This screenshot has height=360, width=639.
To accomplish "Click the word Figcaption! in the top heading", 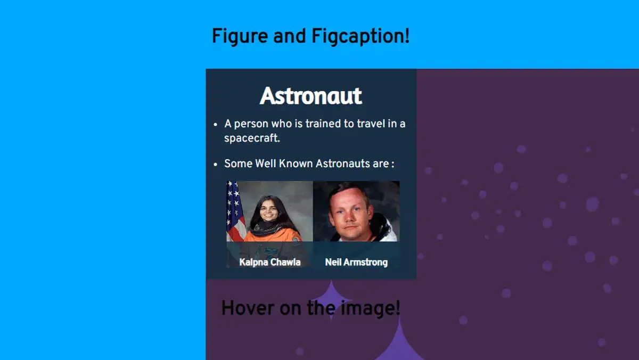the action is tap(361, 37).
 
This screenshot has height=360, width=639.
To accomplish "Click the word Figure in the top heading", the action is tap(240, 37).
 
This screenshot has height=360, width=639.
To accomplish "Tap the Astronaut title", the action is tap(311, 96).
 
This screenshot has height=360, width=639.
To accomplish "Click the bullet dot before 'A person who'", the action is tap(215, 125).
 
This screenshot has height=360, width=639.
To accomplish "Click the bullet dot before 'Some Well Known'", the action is tap(215, 165).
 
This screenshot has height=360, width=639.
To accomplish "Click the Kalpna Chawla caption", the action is tap(270, 262).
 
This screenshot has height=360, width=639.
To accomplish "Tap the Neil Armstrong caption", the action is tap(356, 262).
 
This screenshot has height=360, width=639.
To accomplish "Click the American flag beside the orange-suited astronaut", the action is tap(235, 211).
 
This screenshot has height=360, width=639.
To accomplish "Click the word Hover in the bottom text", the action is tap(248, 308).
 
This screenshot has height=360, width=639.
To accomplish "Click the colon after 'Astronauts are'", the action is tap(393, 165).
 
